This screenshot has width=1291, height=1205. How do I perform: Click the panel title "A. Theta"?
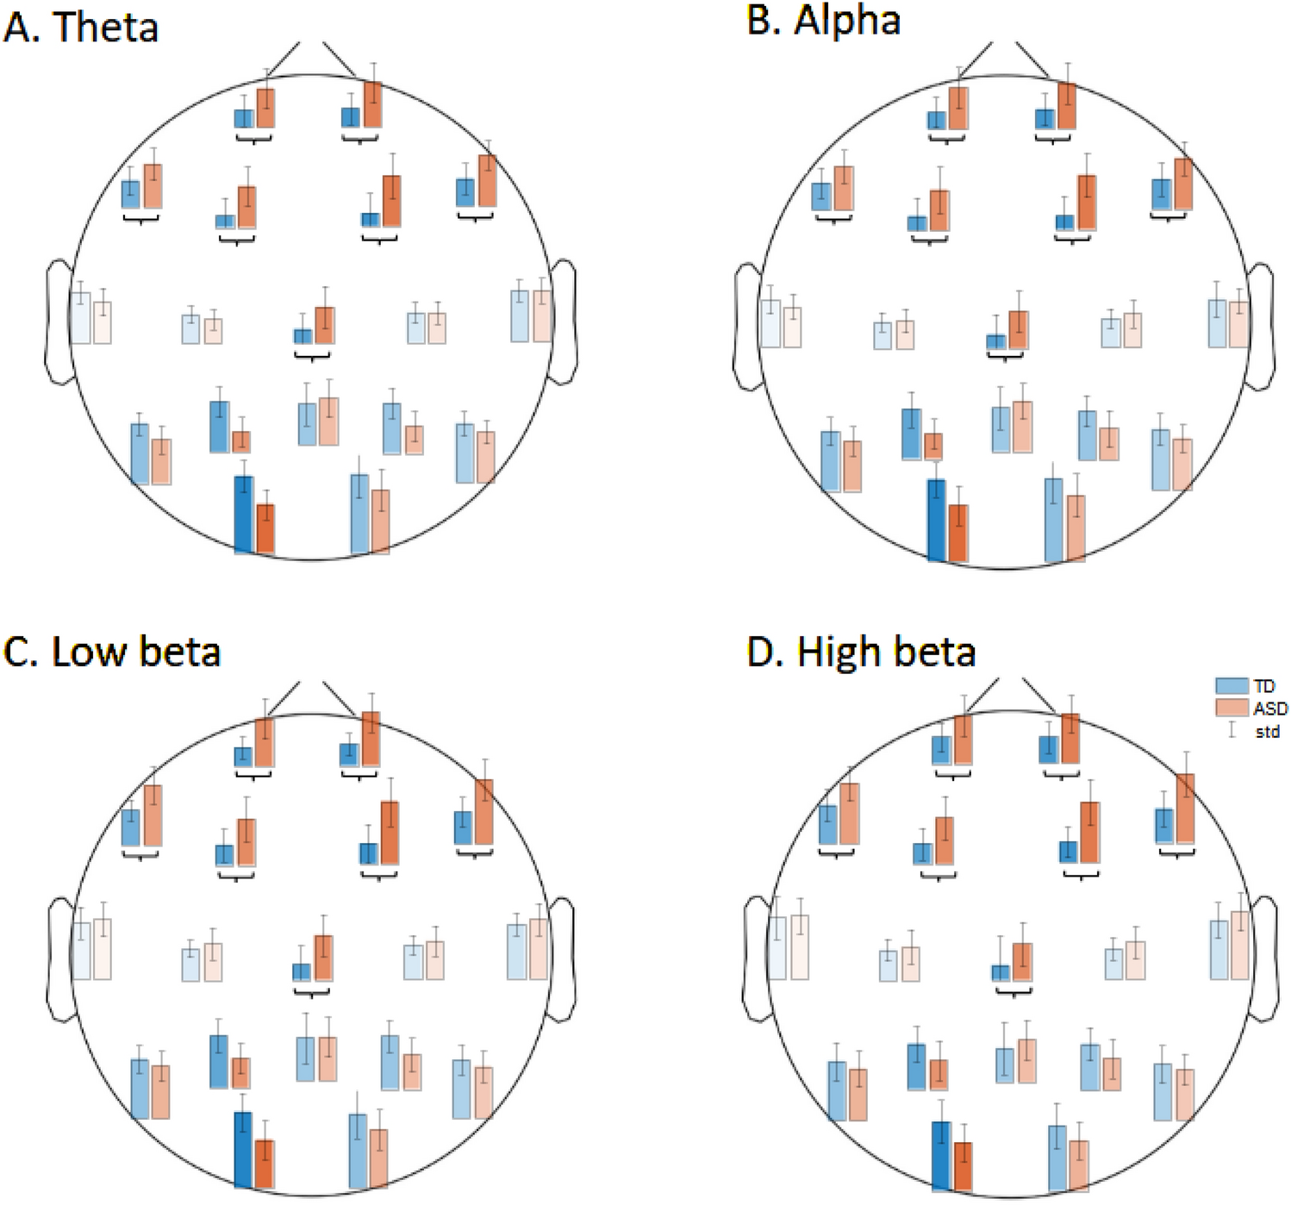tap(81, 27)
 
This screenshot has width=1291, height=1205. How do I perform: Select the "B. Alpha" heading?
tap(823, 21)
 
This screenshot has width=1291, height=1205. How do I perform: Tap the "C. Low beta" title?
tap(112, 652)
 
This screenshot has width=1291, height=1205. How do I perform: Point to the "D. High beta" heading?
tap(861, 652)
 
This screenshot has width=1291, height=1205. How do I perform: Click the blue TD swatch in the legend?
tap(1232, 686)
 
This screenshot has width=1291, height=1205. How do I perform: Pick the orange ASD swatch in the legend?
tap(1232, 709)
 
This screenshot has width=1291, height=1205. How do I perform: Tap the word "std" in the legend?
tap(1267, 732)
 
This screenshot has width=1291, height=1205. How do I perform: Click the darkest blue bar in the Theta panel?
tap(244, 514)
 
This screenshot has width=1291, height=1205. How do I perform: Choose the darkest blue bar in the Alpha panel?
tap(937, 520)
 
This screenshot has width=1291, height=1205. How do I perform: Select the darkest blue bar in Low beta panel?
tap(244, 1151)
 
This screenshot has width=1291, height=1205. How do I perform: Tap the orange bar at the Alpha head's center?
tap(1019, 330)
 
